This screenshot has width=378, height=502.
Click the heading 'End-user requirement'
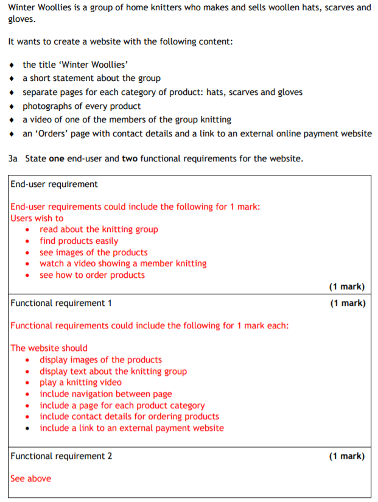(x=54, y=185)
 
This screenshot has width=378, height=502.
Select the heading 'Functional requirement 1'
(x=61, y=303)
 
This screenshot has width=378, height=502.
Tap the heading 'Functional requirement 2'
(x=61, y=456)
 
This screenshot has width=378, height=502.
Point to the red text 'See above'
(x=31, y=479)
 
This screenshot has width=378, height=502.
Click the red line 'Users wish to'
(x=37, y=218)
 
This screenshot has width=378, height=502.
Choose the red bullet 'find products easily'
(x=79, y=241)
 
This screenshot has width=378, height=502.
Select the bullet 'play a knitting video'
(x=80, y=383)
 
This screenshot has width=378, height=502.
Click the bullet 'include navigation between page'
(x=106, y=394)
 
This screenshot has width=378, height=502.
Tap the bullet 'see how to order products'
(x=93, y=275)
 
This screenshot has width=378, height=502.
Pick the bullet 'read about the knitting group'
(x=99, y=230)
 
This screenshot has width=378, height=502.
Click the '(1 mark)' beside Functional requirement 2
(x=347, y=456)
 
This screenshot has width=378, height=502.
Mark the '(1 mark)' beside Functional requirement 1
(x=347, y=303)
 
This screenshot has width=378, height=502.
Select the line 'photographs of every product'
(x=82, y=107)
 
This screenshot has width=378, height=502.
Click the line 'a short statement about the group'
(x=91, y=79)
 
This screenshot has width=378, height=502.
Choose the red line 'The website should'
(x=49, y=348)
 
